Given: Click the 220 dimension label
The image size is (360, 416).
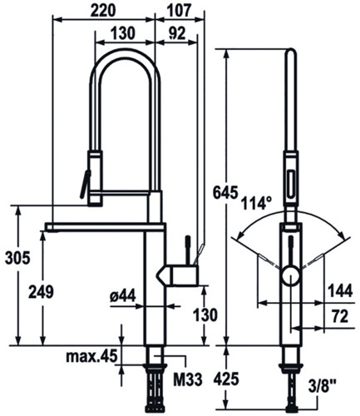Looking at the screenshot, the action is [x=103, y=11].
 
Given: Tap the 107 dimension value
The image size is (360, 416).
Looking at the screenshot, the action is [x=180, y=11].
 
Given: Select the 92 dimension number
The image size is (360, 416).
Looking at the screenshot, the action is [x=177, y=33].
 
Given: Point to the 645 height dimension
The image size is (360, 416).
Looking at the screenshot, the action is [x=225, y=192].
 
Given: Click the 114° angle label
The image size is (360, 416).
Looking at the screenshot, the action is [x=257, y=203].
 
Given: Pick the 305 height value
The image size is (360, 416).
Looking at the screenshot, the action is [x=17, y=258].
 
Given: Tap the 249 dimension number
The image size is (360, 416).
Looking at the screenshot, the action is [x=41, y=292].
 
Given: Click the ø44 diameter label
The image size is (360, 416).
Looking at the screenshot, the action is [x=122, y=295].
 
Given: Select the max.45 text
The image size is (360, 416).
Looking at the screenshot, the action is [x=91, y=356].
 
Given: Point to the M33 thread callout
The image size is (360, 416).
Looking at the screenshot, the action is [x=188, y=379].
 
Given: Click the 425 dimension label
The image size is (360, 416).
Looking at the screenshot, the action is [x=226, y=379].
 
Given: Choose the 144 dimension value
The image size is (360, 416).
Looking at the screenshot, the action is [x=340, y=290].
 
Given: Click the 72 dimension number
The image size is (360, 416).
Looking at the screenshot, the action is [x=340, y=316].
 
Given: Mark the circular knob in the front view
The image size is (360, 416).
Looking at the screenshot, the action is [x=291, y=275].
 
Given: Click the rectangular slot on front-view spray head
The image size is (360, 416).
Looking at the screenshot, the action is [x=291, y=184].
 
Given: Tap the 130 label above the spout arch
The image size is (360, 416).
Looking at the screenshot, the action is [x=123, y=33].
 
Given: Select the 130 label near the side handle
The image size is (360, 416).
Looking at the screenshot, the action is [x=205, y=315].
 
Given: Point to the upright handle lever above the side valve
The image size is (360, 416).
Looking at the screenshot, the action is [x=188, y=249].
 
